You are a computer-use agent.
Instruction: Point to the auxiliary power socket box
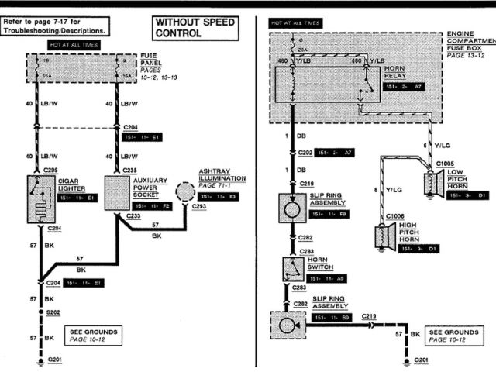click(x=117, y=193)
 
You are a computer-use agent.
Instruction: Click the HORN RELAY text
click(x=396, y=72)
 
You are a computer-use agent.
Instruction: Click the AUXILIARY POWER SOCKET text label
click(x=151, y=188)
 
